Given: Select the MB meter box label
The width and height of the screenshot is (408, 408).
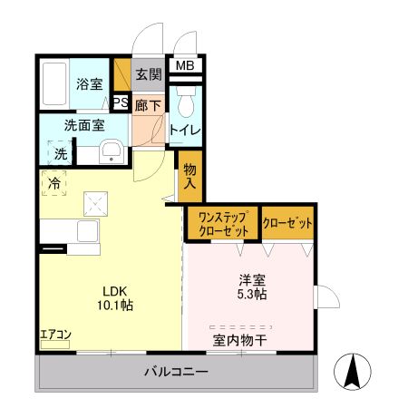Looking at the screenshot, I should point(184,65).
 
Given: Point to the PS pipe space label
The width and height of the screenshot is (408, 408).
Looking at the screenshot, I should point(121,102).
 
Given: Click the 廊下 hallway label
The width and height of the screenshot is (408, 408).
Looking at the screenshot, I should point(148,105).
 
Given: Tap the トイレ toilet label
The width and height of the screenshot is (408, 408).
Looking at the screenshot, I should point(187,131).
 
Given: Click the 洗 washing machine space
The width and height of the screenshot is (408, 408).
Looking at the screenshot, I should point(60,153).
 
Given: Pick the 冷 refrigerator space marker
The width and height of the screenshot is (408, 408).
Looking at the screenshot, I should point(54,183).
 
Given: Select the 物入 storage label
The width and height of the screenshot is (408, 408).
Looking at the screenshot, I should point(189,176).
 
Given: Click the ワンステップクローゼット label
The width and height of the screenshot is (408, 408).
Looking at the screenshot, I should point(222,224).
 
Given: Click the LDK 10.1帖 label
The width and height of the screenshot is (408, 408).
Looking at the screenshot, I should point(117,298).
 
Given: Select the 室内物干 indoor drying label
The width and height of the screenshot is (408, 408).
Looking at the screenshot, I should point(240,341).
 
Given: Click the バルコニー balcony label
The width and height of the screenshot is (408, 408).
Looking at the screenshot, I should point(177,372).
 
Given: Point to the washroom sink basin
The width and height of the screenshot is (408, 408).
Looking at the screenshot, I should point(111,151).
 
